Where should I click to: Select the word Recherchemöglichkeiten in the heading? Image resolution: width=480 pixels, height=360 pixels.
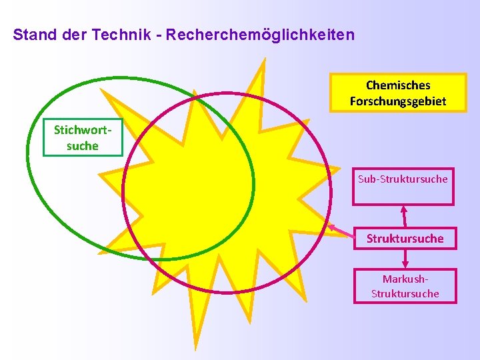[x=260, y=34]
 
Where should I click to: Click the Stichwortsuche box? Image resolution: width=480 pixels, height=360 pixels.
[x=83, y=137]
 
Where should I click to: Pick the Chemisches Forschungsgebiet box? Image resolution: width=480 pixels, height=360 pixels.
[x=398, y=93]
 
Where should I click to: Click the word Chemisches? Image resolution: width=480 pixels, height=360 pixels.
[x=398, y=85]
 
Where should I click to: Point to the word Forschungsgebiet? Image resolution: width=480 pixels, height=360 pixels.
[x=398, y=101]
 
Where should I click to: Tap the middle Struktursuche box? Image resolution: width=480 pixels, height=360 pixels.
[x=405, y=238]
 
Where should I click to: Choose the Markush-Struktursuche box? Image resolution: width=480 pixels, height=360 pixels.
[x=405, y=286]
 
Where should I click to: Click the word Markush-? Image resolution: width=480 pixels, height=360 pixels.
[x=405, y=279]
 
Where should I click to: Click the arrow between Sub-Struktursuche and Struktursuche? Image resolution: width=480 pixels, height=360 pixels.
[x=403, y=216]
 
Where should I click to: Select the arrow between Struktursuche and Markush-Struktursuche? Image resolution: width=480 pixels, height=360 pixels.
[x=405, y=259]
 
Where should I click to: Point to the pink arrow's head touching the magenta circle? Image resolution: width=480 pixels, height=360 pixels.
[x=331, y=227]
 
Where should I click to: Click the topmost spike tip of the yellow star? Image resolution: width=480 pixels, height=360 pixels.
[x=264, y=60]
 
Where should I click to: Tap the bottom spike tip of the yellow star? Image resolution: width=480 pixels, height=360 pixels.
[x=195, y=348]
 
